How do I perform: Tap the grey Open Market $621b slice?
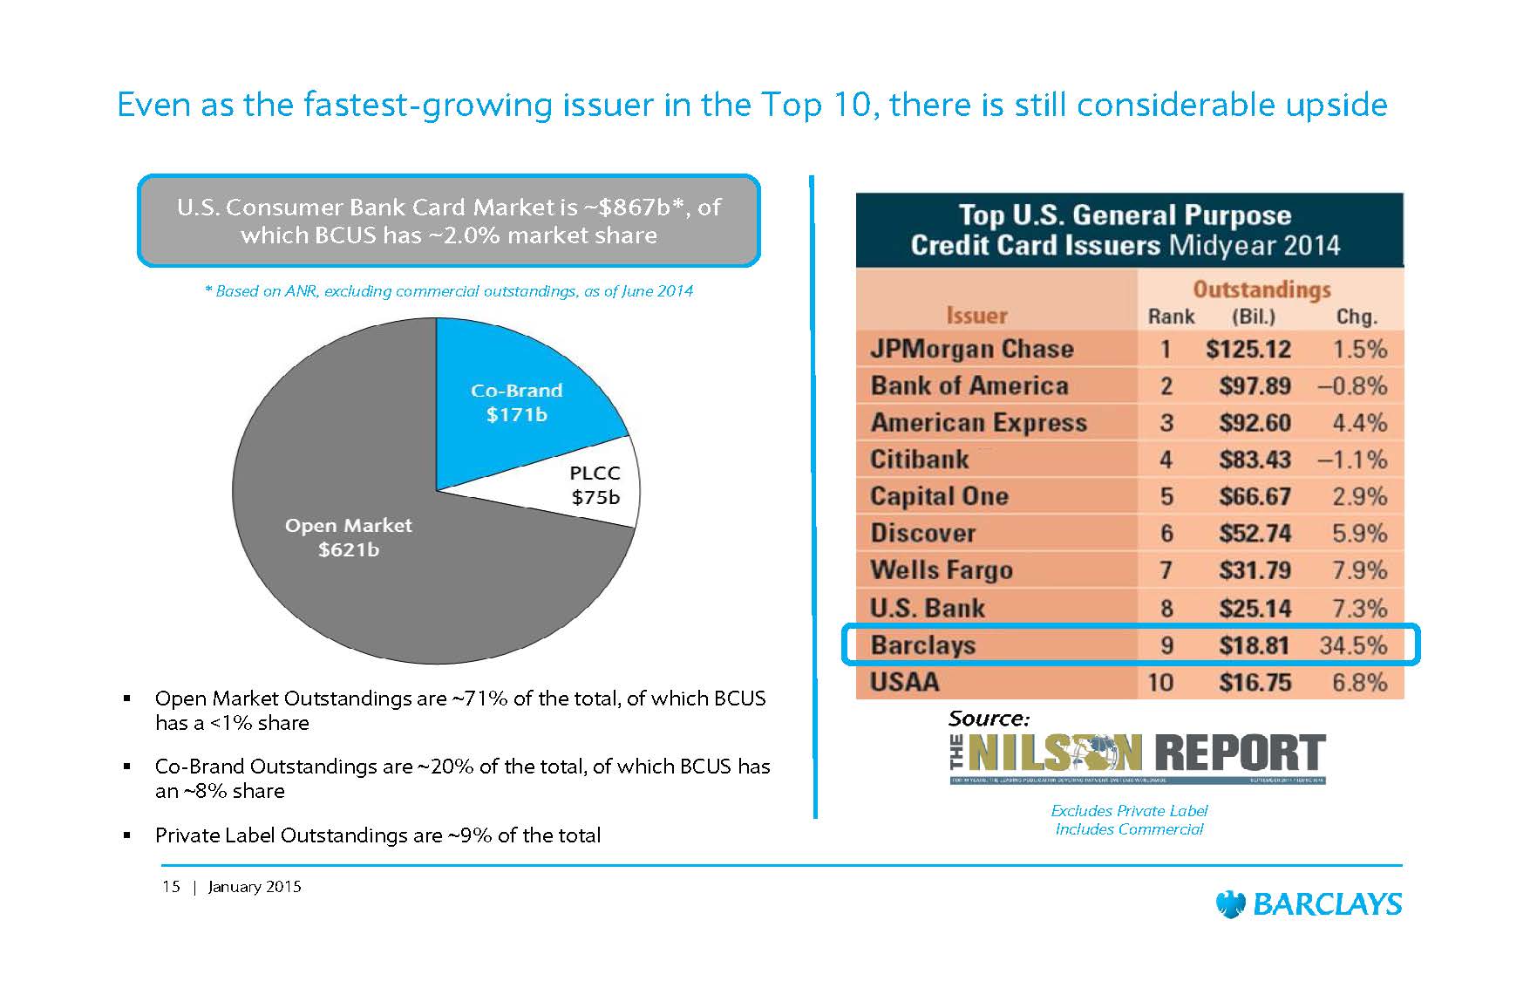tap(348, 537)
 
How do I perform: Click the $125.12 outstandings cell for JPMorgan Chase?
tap(1248, 350)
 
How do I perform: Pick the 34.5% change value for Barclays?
tap(1353, 645)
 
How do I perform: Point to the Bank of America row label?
tap(969, 386)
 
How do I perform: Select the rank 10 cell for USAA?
tap(1160, 682)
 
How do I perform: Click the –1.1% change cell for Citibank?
tap(1352, 460)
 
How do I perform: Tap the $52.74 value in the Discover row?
tap(1255, 534)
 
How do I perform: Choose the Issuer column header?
tap(976, 316)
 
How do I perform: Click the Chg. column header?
tap(1357, 317)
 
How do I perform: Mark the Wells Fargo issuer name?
tap(941, 570)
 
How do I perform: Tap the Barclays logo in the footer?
tap(1309, 904)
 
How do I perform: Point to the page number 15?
tap(171, 887)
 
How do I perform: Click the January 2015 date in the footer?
tap(255, 887)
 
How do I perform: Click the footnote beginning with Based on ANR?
tap(449, 291)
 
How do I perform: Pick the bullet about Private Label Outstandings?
tap(377, 835)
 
